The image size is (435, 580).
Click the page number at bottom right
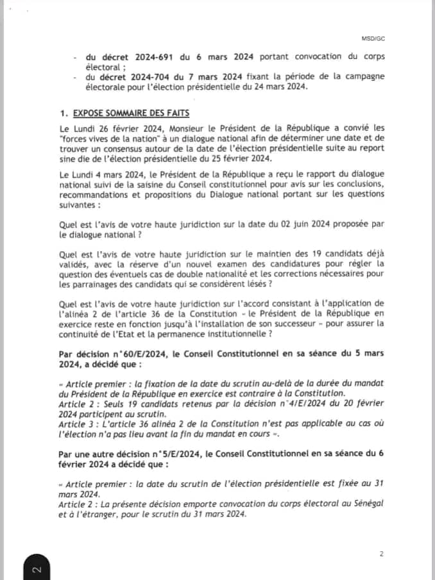pos(381,553)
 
